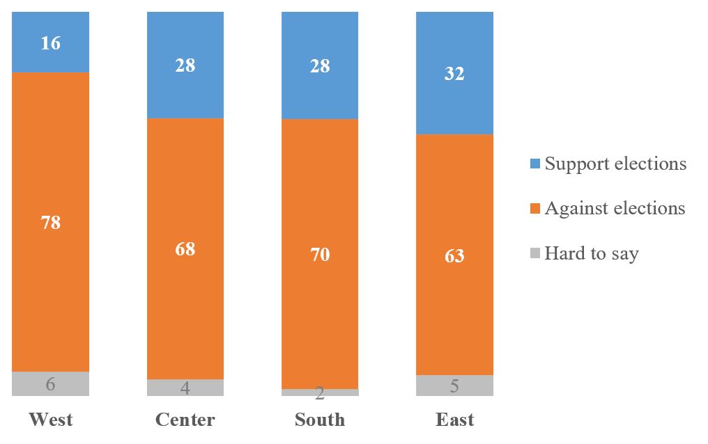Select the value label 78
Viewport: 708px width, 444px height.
50,223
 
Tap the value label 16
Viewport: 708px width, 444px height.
50,43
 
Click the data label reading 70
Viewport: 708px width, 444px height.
320,255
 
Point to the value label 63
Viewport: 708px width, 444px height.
454,256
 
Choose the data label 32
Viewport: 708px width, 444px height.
454,73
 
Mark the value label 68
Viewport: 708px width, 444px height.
185,249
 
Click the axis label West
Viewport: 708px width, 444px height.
50,420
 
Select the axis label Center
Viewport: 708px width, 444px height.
185,420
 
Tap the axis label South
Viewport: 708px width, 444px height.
320,420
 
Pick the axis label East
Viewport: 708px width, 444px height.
454,420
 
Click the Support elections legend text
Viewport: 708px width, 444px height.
615,164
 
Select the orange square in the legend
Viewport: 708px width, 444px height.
534,209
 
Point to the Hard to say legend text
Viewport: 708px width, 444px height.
591,253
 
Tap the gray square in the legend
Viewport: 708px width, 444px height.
534,253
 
